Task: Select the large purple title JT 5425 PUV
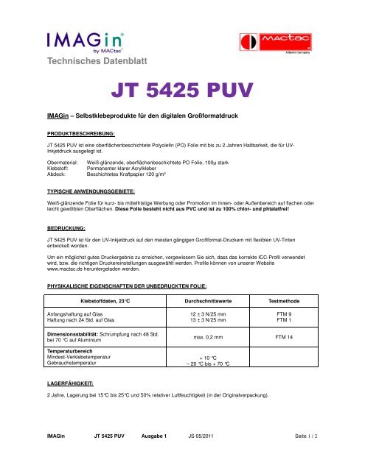[x=182, y=93]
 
